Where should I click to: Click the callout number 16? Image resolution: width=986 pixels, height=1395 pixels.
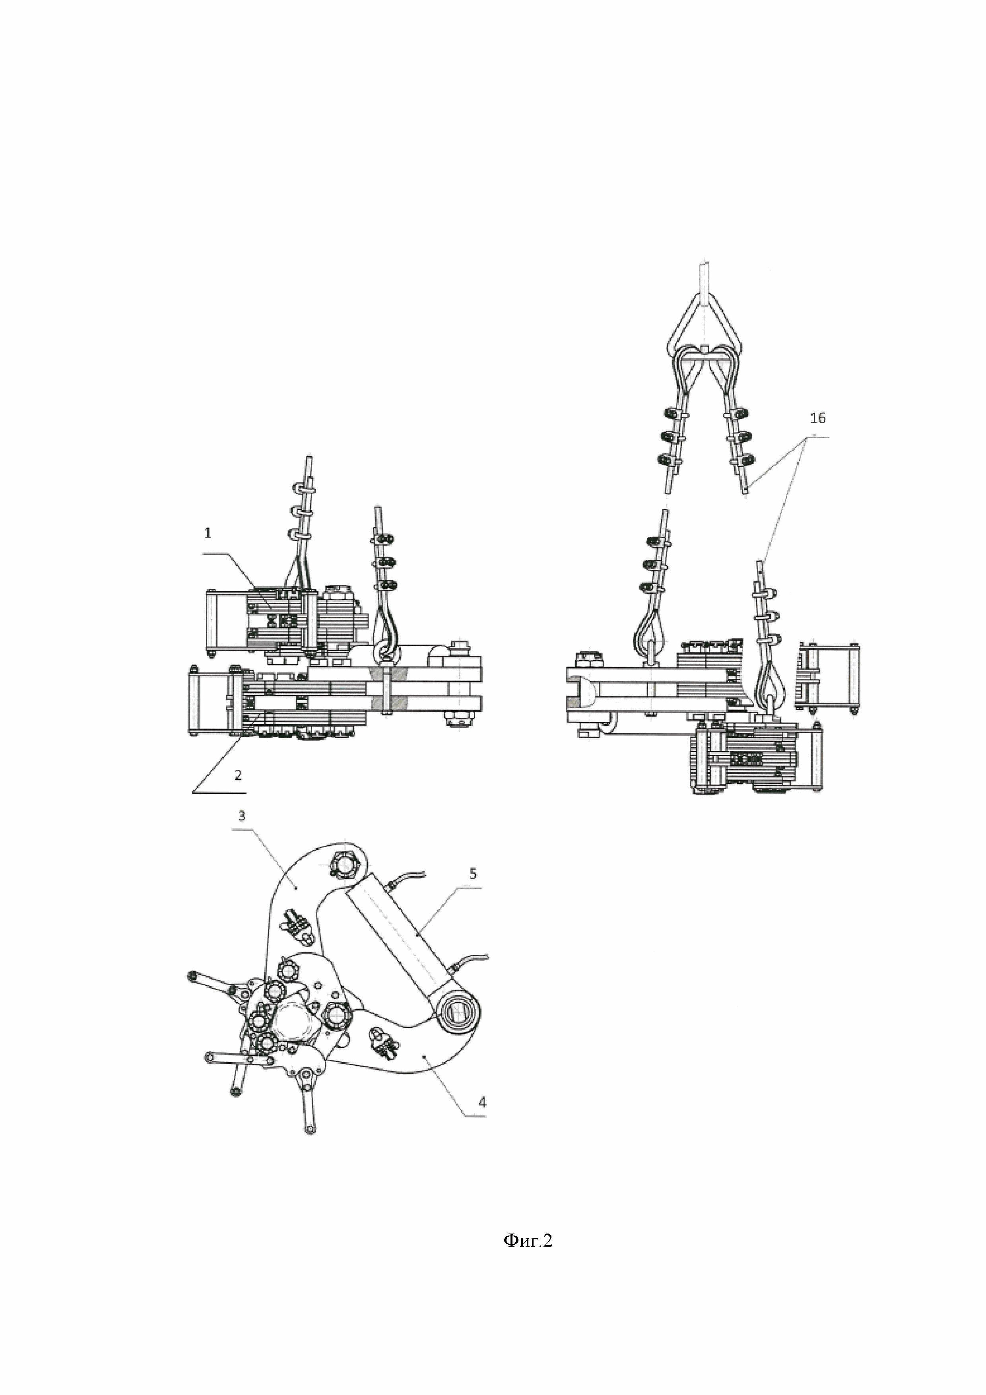click(818, 418)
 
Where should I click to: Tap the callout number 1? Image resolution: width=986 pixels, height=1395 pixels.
click(208, 533)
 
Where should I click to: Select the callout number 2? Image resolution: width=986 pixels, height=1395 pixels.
click(238, 775)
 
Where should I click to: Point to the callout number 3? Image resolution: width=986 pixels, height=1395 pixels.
click(242, 815)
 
